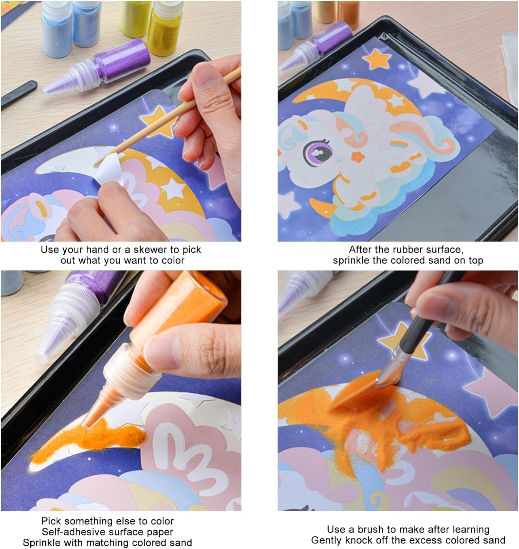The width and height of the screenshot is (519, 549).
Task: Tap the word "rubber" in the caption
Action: click(x=410, y=250)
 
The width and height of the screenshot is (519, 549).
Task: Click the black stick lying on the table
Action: click(x=18, y=94)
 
